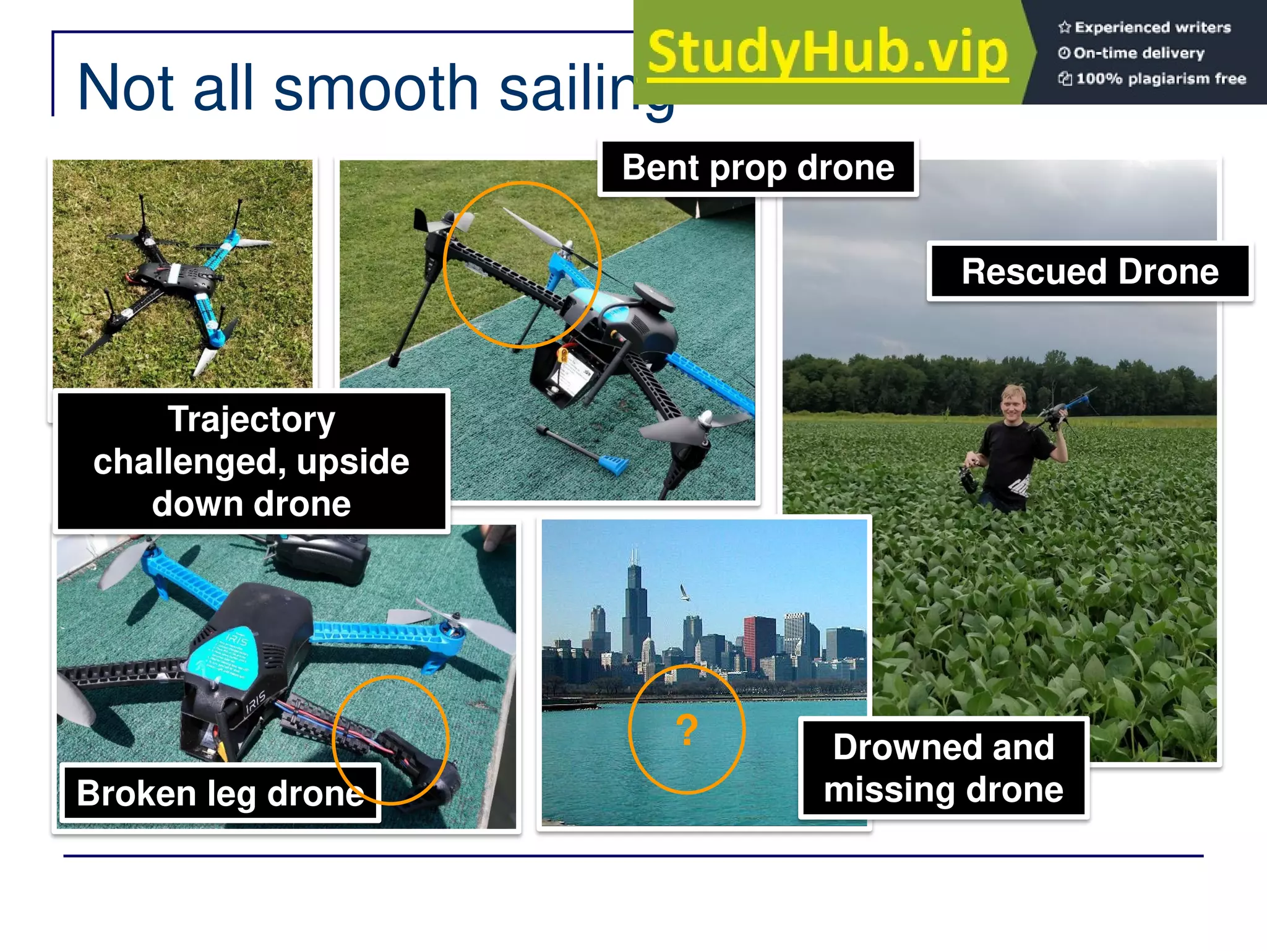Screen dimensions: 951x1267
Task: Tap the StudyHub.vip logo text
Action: [828, 53]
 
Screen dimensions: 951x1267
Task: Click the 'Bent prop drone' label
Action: [758, 168]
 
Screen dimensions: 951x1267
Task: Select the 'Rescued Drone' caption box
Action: [1089, 272]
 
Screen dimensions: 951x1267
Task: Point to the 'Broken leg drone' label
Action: [220, 793]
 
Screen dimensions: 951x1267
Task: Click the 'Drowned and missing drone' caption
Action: [943, 768]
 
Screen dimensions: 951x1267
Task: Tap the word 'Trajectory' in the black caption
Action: [251, 420]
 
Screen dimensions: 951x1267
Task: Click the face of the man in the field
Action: [1013, 405]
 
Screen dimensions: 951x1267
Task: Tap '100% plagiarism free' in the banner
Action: [1160, 79]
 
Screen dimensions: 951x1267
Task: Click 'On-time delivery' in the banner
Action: [1138, 53]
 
